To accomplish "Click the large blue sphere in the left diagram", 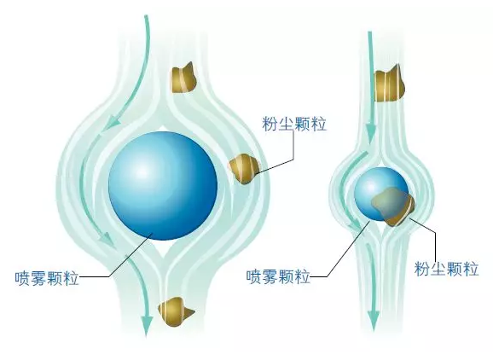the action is (x=163, y=186).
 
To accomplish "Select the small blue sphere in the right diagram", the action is (x=376, y=191).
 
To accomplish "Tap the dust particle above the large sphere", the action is (x=183, y=78).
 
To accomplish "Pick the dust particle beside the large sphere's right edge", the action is (x=244, y=168).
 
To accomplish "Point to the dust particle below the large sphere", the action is (x=175, y=311).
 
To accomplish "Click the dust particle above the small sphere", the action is (x=389, y=84).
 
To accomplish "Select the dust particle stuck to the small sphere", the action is (x=393, y=206).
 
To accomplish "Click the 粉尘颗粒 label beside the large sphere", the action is (x=294, y=124).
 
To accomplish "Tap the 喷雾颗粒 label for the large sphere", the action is (x=47, y=277).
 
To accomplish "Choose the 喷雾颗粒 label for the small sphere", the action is (x=278, y=276).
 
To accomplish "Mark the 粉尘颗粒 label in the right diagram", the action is (x=446, y=269).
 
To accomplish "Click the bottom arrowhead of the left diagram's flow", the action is (x=147, y=324).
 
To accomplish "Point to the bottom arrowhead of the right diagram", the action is (x=374, y=321).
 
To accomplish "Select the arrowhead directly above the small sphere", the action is (x=371, y=133).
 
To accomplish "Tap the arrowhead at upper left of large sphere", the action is (x=111, y=122).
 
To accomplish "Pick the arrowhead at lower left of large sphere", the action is (x=107, y=241).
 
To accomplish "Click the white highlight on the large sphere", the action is (x=142, y=171).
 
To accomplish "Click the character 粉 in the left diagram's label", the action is (x=270, y=124).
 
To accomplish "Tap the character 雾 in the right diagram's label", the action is (x=270, y=276).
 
